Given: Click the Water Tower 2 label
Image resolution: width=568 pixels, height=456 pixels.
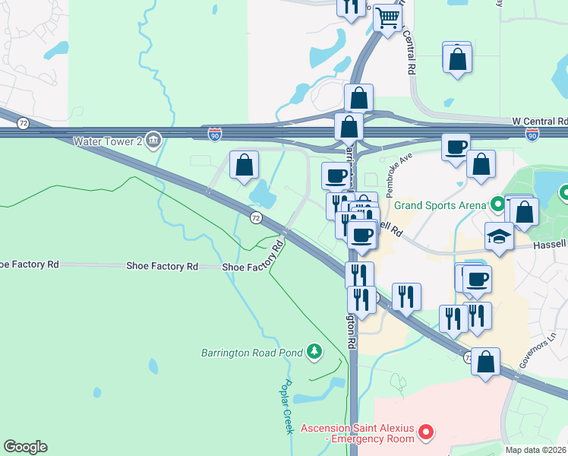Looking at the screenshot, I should (108, 141).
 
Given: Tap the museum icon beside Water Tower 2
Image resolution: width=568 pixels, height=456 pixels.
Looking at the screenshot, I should (153, 140).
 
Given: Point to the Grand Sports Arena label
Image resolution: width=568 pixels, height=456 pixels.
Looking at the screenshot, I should (440, 204).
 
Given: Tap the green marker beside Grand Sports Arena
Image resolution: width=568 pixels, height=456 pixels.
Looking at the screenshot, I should (497, 204).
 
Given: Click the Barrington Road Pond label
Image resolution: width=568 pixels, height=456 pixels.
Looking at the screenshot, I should (251, 353).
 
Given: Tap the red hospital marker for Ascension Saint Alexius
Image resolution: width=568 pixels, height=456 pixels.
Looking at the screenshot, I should (426, 433).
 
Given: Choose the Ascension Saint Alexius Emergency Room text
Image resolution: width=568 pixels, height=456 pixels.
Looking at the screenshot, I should (357, 433).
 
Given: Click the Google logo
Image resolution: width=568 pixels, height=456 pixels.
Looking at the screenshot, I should (25, 447).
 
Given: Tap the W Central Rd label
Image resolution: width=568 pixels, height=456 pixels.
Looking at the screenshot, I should (540, 121).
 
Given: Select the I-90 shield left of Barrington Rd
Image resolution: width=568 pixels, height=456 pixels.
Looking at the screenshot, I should (216, 135).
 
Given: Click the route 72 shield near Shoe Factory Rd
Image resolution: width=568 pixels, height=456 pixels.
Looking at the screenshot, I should (256, 218).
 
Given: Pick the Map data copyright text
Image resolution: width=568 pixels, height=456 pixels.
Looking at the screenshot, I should (536, 450).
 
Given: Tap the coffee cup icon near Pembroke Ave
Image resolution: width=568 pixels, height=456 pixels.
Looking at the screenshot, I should (456, 147).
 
